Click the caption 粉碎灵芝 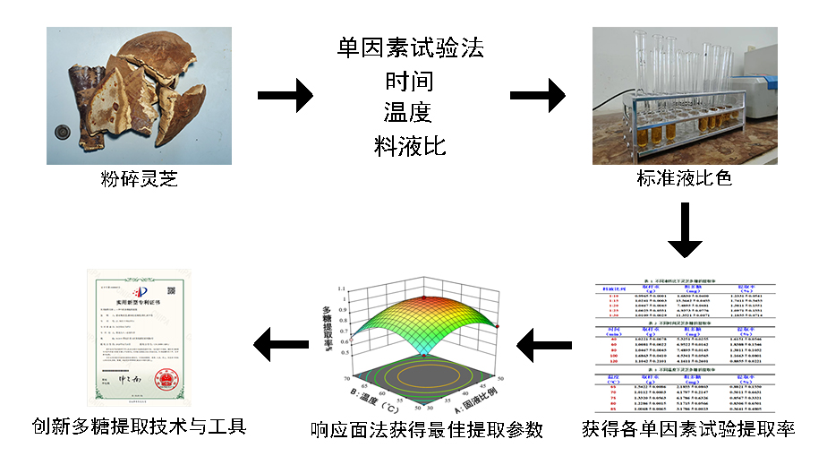139,179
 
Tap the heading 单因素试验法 411,48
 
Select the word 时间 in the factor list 410,81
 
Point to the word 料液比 409,145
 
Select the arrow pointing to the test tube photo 538,94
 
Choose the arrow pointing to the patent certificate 282,344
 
